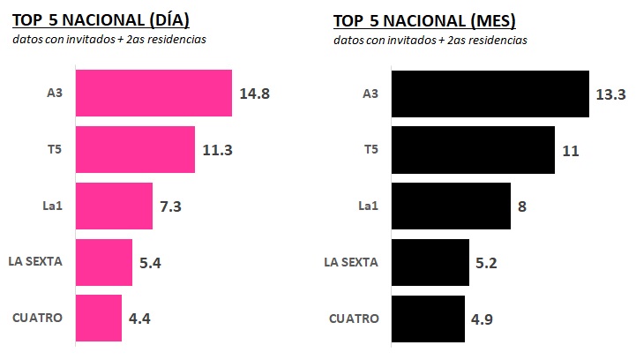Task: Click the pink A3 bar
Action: point(153,93)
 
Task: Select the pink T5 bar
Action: point(135,149)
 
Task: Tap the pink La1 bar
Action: point(114,206)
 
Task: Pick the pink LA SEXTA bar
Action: point(103,262)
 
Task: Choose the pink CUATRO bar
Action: point(98,318)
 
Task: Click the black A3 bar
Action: point(490,94)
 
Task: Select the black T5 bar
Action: point(472,150)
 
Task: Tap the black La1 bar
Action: point(450,206)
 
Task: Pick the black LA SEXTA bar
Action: point(429,262)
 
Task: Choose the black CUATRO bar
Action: point(427,319)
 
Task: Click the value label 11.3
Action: point(217,150)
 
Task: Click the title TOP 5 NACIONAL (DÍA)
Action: point(101,19)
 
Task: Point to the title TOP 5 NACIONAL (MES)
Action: point(423,19)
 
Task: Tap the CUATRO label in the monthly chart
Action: point(354,319)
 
